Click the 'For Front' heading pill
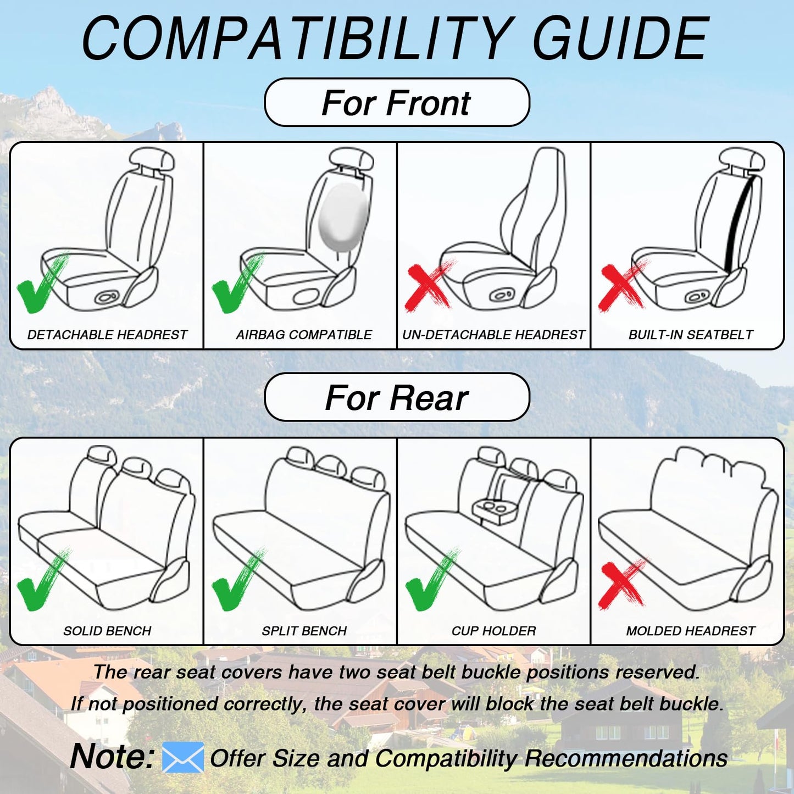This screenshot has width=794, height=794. click(x=396, y=103)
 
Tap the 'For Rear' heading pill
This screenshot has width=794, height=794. click(x=396, y=397)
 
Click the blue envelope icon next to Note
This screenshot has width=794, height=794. click(x=183, y=757)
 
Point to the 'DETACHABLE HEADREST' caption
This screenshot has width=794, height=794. click(x=107, y=335)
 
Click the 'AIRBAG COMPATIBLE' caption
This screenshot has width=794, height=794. click(x=304, y=335)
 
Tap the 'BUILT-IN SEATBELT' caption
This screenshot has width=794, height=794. click(x=691, y=335)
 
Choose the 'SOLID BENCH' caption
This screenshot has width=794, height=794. click(x=107, y=631)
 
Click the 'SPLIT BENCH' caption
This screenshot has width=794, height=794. click(x=304, y=631)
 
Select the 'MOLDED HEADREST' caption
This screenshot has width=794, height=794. click(x=691, y=631)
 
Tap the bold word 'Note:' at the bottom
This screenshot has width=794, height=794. click(x=112, y=756)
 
